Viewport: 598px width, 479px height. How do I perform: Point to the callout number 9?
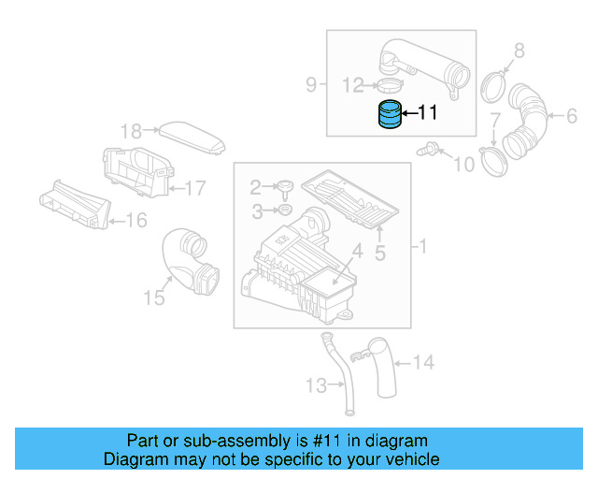[311, 85]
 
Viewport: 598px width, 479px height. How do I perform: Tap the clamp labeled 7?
[491, 158]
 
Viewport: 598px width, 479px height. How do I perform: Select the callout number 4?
[356, 251]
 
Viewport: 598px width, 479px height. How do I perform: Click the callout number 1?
[422, 247]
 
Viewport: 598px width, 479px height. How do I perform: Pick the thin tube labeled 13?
[340, 374]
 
